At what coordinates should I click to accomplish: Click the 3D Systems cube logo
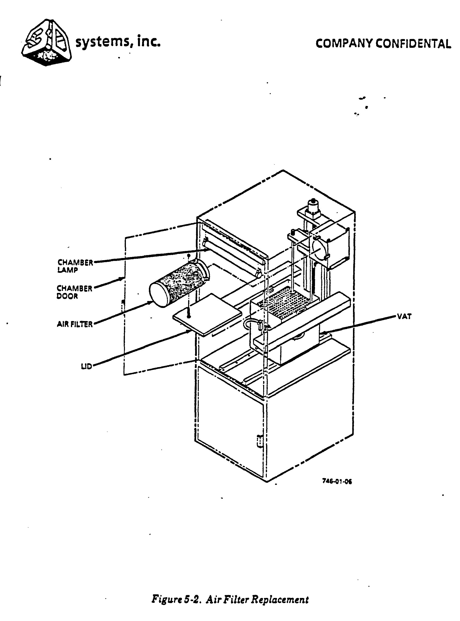point(46,42)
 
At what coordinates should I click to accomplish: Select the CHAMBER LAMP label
point(75,266)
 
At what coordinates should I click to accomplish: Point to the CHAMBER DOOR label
point(74,292)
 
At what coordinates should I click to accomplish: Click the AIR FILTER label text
point(75,324)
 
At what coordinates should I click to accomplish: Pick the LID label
point(86,366)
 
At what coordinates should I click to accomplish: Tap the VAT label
point(404,316)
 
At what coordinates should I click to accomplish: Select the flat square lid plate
point(207,315)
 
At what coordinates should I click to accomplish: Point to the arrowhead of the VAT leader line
point(323,332)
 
